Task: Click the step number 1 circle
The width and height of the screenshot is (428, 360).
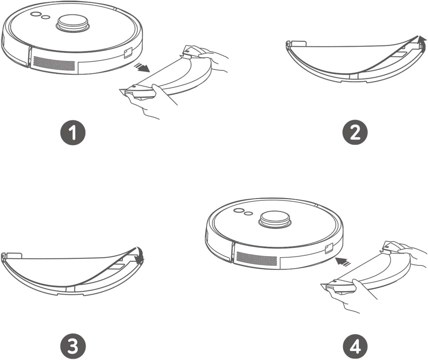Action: (x=73, y=133)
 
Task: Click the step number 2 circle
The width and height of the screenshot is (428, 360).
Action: (x=355, y=133)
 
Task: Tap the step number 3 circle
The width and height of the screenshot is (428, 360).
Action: (x=73, y=346)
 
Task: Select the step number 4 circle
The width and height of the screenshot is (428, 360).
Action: (x=355, y=346)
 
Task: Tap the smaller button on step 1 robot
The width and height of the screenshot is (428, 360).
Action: (x=46, y=17)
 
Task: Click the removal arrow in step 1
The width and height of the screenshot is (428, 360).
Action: (x=142, y=67)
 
